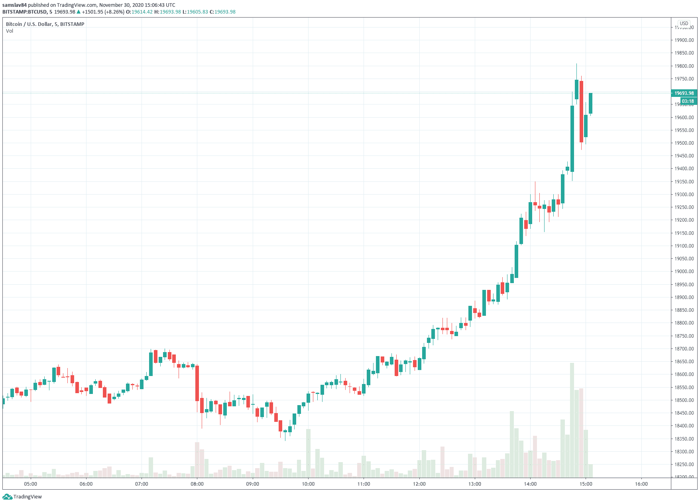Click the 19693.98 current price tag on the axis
pyautogui.click(x=684, y=93)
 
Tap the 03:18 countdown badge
pyautogui.click(x=688, y=101)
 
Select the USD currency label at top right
pyautogui.click(x=684, y=24)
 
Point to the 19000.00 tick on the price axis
pyautogui.click(x=684, y=272)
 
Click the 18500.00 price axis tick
pyautogui.click(x=684, y=400)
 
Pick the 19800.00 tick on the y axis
pyautogui.click(x=684, y=66)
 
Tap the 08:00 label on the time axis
pyautogui.click(x=197, y=484)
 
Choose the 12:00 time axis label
pyautogui.click(x=419, y=484)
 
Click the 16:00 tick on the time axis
pyautogui.click(x=641, y=484)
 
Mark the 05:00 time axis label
pyautogui.click(x=30, y=484)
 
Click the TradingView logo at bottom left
pyautogui.click(x=22, y=497)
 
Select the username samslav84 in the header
pyautogui.click(x=14, y=5)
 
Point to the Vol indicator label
pyautogui.click(x=10, y=31)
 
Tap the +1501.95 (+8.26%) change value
pyautogui.click(x=103, y=12)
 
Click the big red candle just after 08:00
pyautogui.click(x=197, y=383)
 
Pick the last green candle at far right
pyautogui.click(x=590, y=103)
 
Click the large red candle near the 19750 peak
pyautogui.click(x=581, y=112)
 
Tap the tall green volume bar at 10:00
pyautogui.click(x=308, y=453)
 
